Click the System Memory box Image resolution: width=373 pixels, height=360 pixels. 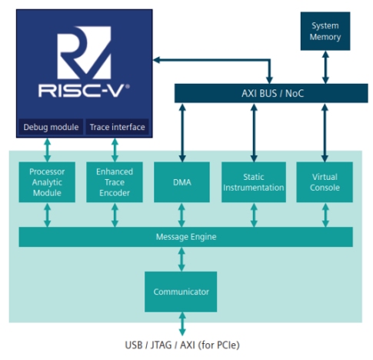(325, 31)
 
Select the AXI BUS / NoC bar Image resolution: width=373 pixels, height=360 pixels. (271, 93)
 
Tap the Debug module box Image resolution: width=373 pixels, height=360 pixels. (51, 127)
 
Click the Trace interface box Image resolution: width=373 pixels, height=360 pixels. (117, 127)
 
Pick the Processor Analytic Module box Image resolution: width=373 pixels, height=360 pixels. (47, 182)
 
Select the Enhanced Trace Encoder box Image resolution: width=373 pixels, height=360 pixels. (115, 182)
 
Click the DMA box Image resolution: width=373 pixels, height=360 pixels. (182, 182)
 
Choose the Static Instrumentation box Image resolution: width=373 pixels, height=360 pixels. (254, 182)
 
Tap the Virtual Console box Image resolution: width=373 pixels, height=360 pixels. (325, 182)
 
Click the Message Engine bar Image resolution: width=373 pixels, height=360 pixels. (186, 237)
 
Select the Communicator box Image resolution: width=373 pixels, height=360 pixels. (181, 292)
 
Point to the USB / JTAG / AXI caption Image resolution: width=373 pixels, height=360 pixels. (182, 345)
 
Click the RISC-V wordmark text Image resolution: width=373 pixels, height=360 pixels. (84, 91)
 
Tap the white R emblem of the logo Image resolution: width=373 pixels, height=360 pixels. (84, 52)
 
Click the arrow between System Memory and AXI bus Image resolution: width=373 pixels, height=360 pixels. (325, 67)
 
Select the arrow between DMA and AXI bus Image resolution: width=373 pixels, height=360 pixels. (182, 132)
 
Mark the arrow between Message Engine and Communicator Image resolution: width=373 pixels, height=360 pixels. (182, 259)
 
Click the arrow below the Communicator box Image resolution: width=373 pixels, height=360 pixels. (182, 324)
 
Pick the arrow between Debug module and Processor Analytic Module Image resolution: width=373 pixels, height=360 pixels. (48, 150)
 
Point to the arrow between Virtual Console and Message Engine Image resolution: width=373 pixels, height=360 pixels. (325, 215)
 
